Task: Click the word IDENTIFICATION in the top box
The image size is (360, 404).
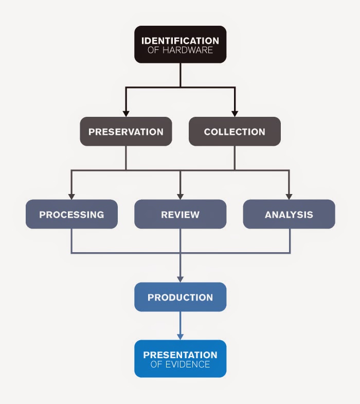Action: tap(180, 40)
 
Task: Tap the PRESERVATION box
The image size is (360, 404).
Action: tap(126, 132)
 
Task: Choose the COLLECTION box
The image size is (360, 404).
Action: tap(235, 132)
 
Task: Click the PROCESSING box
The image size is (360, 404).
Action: tap(71, 214)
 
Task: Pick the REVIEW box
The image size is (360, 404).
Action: tap(180, 214)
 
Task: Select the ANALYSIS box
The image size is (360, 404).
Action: tap(289, 214)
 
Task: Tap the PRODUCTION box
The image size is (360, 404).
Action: tap(180, 297)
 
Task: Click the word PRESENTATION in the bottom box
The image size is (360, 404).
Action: tap(180, 355)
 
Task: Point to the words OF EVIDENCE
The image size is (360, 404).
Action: tap(180, 364)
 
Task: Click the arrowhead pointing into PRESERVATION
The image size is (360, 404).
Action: tap(126, 113)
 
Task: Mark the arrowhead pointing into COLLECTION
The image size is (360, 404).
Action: tap(235, 113)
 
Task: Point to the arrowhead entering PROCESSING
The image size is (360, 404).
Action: tap(71, 196)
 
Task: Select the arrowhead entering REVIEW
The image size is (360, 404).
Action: tap(180, 196)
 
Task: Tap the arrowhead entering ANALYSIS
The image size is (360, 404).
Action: tap(289, 196)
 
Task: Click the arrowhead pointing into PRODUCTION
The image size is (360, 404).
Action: tap(180, 278)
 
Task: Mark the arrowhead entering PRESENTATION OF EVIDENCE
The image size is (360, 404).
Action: tap(180, 336)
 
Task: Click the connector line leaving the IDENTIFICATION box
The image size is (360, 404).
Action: tap(180, 75)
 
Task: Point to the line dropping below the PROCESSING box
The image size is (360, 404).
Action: tap(71, 241)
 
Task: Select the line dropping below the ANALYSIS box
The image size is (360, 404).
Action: tap(290, 241)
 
